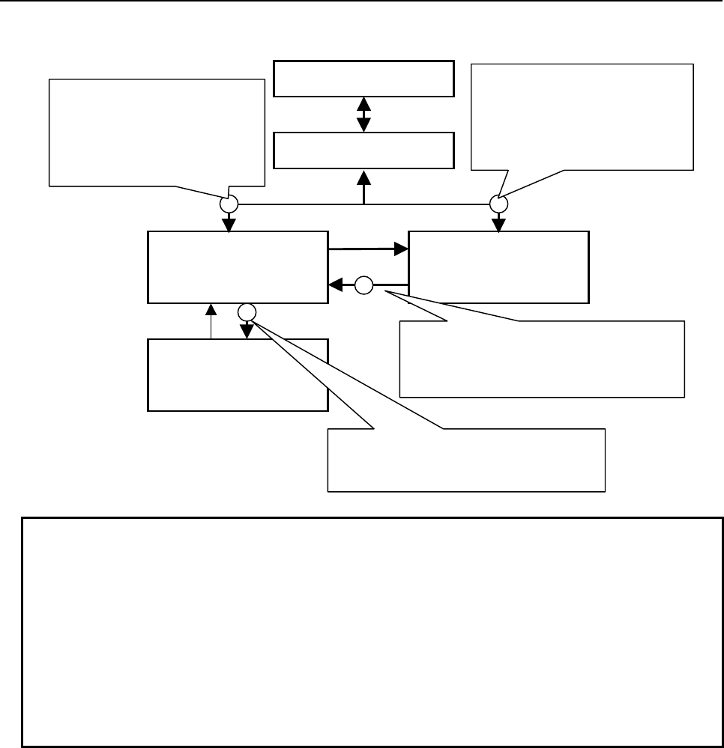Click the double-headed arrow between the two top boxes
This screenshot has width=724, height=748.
point(363,115)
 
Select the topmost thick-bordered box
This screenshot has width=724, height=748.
point(363,79)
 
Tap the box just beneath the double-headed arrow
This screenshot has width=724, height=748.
point(363,150)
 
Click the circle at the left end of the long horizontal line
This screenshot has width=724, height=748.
point(229,203)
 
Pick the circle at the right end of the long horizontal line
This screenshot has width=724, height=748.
point(498,203)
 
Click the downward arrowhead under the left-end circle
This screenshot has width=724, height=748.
point(229,223)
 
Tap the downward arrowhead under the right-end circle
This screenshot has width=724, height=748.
point(498,223)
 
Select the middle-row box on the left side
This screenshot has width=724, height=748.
point(238,267)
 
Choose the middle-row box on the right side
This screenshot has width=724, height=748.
point(498,267)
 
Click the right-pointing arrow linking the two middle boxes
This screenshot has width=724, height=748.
point(367,249)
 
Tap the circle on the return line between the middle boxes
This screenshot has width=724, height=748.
point(363,285)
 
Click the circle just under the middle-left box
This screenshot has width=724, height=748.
point(247,311)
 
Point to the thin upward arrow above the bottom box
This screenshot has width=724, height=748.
point(212,320)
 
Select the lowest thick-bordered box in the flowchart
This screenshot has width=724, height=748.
point(238,374)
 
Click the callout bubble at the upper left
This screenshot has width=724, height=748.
point(157,131)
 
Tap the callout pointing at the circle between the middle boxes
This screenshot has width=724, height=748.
point(542,359)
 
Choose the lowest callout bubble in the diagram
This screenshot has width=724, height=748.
point(465,460)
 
